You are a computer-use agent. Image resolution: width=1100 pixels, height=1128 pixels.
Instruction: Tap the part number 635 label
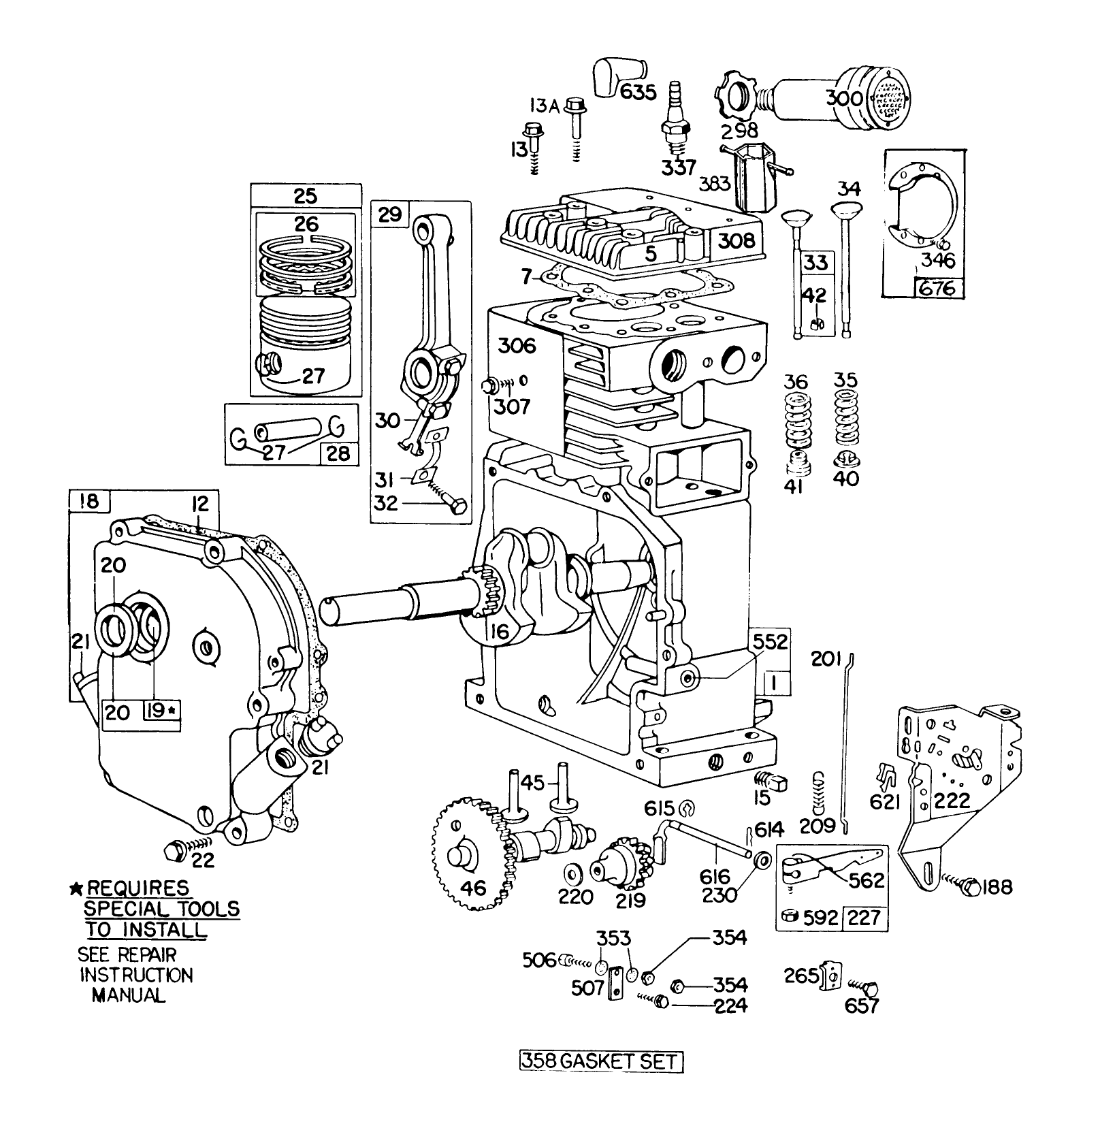click(x=636, y=91)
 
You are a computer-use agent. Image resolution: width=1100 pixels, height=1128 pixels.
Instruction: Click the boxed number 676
click(x=939, y=288)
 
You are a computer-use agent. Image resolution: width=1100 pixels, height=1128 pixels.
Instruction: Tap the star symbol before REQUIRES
click(x=76, y=889)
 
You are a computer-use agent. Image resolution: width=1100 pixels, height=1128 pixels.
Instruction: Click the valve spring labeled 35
click(x=847, y=420)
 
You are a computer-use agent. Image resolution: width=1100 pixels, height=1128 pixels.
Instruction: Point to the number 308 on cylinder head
click(x=737, y=240)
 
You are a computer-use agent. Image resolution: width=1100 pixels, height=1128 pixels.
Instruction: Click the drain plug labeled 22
click(x=174, y=850)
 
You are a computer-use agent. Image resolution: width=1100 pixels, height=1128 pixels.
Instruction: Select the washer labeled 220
click(x=570, y=874)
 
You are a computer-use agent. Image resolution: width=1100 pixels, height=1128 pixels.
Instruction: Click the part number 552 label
click(x=769, y=641)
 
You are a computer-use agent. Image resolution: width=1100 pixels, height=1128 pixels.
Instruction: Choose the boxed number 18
click(x=88, y=501)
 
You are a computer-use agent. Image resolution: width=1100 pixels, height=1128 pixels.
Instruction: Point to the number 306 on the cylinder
click(x=517, y=345)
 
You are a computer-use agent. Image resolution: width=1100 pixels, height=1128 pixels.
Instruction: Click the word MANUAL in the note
click(x=129, y=995)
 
